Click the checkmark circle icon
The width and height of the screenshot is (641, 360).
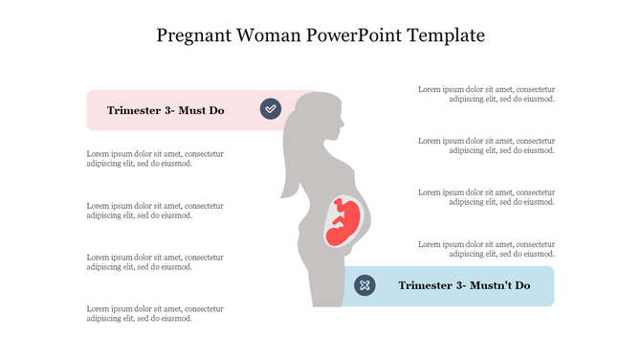(271, 109)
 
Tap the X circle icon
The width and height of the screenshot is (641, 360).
(365, 285)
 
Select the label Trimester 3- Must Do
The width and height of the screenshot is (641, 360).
(166, 110)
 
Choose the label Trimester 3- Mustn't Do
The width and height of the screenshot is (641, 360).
(464, 285)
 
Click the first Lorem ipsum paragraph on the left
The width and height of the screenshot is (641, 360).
(155, 158)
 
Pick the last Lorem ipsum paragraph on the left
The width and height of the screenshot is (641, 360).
(155, 313)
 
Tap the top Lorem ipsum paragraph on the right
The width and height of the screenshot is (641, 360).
(487, 94)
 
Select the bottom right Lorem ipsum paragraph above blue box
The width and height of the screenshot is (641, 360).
(487, 249)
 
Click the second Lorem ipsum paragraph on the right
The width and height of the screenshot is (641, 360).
(487, 146)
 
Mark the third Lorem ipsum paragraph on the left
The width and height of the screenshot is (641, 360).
(155, 262)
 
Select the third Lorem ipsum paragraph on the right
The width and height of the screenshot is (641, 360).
(487, 197)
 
